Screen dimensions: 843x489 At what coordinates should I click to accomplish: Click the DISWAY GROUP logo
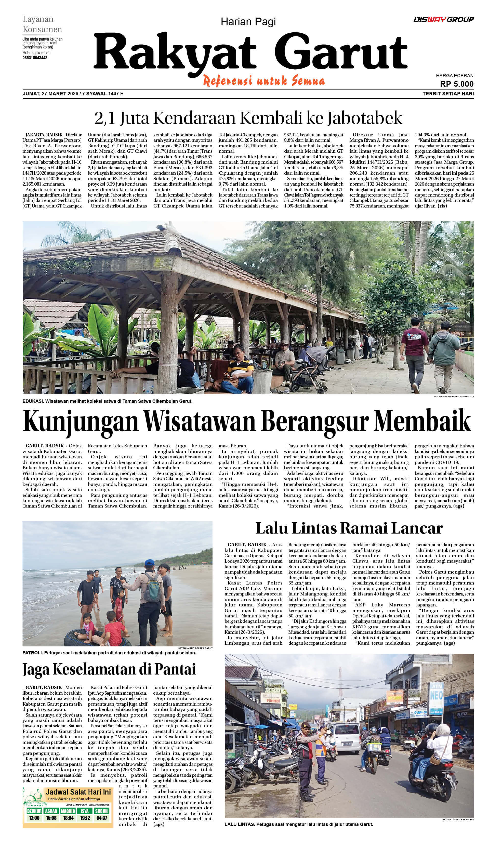[x=443, y=19]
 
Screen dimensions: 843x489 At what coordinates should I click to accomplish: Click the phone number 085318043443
[x=35, y=58]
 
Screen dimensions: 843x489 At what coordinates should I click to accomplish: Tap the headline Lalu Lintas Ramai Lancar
[x=349, y=528]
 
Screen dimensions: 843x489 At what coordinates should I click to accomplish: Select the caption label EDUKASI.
[x=32, y=401]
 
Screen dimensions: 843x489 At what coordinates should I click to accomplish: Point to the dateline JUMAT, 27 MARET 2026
[x=50, y=94]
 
